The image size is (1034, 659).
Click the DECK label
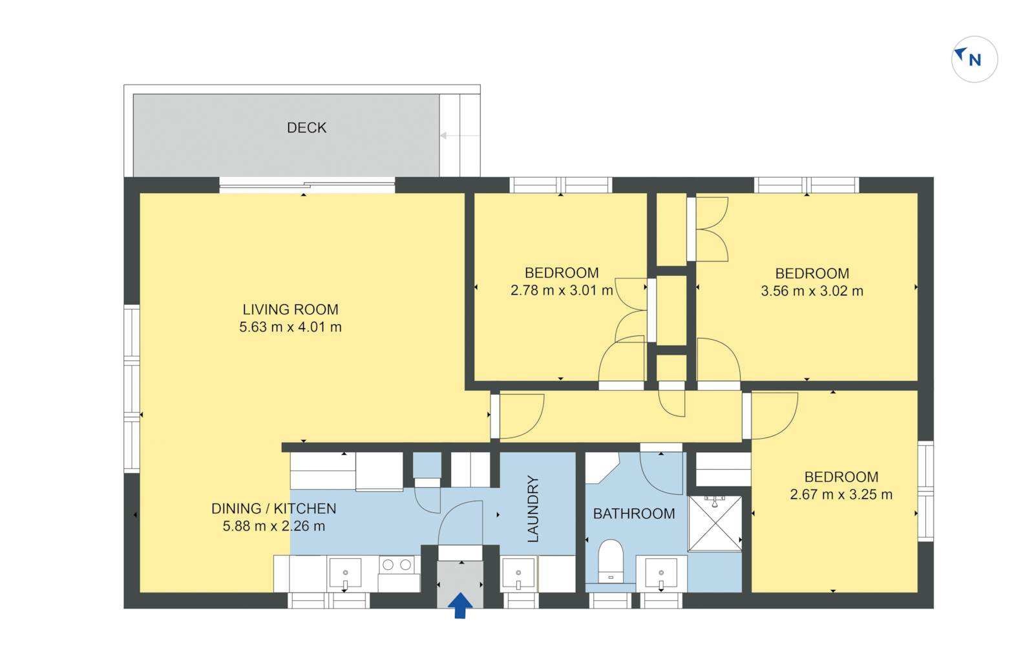point(306,127)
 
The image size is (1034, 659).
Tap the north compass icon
point(974,59)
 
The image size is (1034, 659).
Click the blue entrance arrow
point(460,605)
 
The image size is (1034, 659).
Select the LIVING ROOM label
point(290,309)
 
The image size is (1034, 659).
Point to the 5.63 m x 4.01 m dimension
point(290,327)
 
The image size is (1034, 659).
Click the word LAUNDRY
point(533,508)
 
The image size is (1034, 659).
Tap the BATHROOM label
point(634,514)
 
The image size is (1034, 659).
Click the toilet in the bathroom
point(611,561)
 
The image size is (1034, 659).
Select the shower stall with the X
point(715,523)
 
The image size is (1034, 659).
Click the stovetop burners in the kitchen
point(397,565)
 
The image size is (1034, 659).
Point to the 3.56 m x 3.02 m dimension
point(812,291)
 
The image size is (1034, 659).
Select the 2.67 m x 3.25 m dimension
point(841,494)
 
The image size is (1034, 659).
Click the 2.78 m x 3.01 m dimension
point(562,290)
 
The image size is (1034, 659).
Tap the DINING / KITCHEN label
point(274,508)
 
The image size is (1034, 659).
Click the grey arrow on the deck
point(459,136)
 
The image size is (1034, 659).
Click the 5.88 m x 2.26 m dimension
point(274,526)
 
